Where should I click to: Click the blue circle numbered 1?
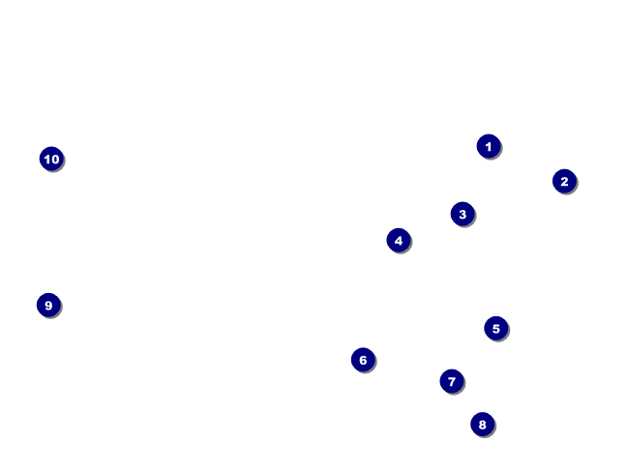[x=489, y=146]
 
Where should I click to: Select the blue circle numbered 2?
[x=564, y=181]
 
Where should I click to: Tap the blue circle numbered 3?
[x=463, y=214]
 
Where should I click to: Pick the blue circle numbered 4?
[x=399, y=240]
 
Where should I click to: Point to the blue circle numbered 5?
[x=495, y=328]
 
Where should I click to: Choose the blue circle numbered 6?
[x=363, y=360]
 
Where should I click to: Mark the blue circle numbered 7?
[x=452, y=381]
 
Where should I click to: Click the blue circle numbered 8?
[x=483, y=425]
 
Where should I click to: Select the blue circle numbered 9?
[x=48, y=305]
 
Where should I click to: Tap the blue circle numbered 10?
[x=51, y=159]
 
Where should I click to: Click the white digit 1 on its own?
[x=489, y=147]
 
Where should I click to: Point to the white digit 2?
[x=564, y=181]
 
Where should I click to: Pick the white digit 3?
[x=463, y=214]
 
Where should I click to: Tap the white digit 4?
[x=399, y=240]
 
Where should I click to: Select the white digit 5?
[x=495, y=329]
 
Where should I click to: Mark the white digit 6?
[x=363, y=360]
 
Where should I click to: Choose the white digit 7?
[x=452, y=381]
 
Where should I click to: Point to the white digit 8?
[x=483, y=425]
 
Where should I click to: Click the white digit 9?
[x=48, y=306]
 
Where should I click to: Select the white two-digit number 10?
[x=51, y=159]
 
